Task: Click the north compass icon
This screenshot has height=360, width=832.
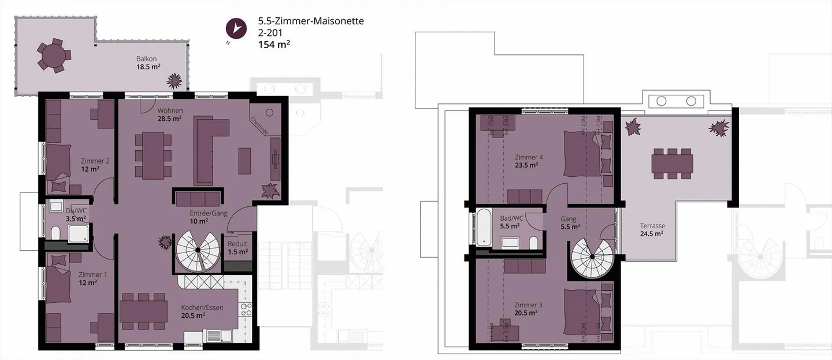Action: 235,28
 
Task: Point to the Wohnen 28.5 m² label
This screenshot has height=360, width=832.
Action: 170,114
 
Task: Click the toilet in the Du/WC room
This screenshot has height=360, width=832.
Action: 55,232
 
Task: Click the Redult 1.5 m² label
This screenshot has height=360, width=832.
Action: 238,247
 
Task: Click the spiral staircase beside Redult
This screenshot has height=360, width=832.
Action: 197,250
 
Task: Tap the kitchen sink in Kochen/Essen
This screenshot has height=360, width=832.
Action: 218,335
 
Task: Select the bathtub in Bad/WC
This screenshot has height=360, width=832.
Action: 482,227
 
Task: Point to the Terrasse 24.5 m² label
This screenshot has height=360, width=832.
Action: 652,229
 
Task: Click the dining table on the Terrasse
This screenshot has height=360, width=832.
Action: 672,162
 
